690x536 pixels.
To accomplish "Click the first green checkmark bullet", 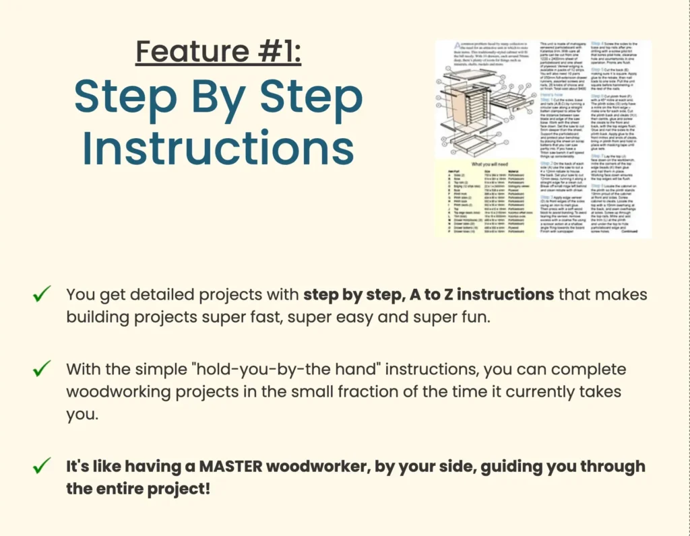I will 42,294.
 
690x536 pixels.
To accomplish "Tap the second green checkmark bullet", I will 42,369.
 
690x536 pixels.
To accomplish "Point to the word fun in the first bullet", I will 476,316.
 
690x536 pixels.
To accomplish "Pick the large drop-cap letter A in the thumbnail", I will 439,47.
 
